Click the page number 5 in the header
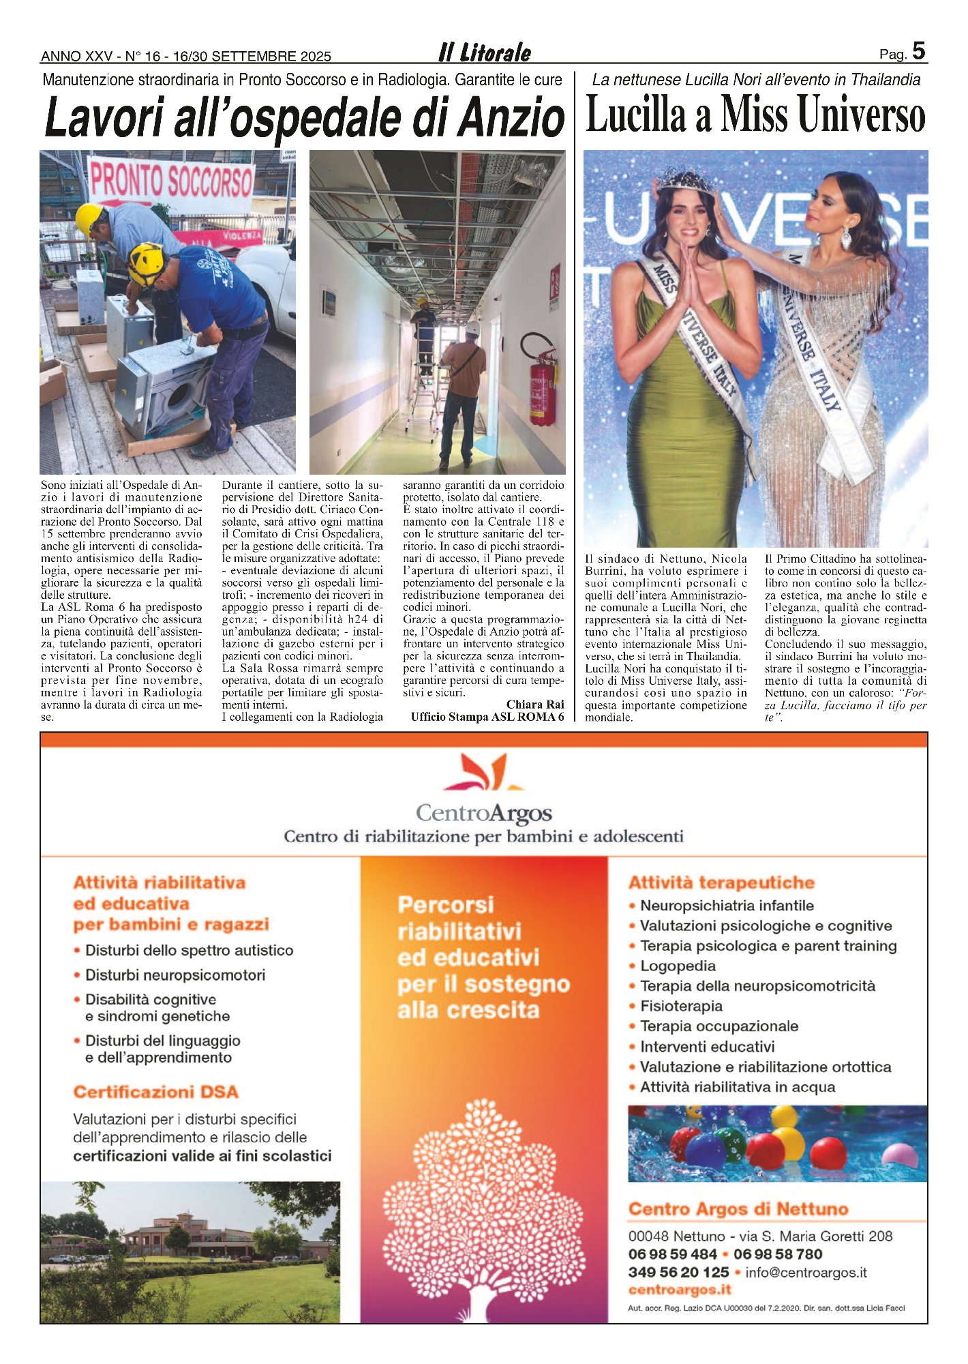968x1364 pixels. pyautogui.click(x=918, y=51)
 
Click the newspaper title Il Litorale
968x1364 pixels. pyautogui.click(x=485, y=53)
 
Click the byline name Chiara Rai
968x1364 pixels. pyautogui.click(x=534, y=705)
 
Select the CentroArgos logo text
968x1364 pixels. pyautogui.click(x=483, y=813)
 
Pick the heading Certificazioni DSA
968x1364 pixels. pyautogui.click(x=155, y=1092)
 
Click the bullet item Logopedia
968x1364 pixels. pyautogui.click(x=678, y=966)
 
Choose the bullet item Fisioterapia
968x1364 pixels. pyautogui.click(x=681, y=1006)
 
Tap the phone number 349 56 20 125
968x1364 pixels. pyautogui.click(x=678, y=1272)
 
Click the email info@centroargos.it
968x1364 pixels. pyautogui.click(x=806, y=1272)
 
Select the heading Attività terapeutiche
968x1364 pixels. pyautogui.click(x=721, y=883)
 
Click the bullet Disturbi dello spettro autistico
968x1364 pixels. pyautogui.click(x=189, y=950)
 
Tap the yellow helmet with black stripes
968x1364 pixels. pyautogui.click(x=146, y=263)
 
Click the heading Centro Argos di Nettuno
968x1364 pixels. pyautogui.click(x=738, y=1209)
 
